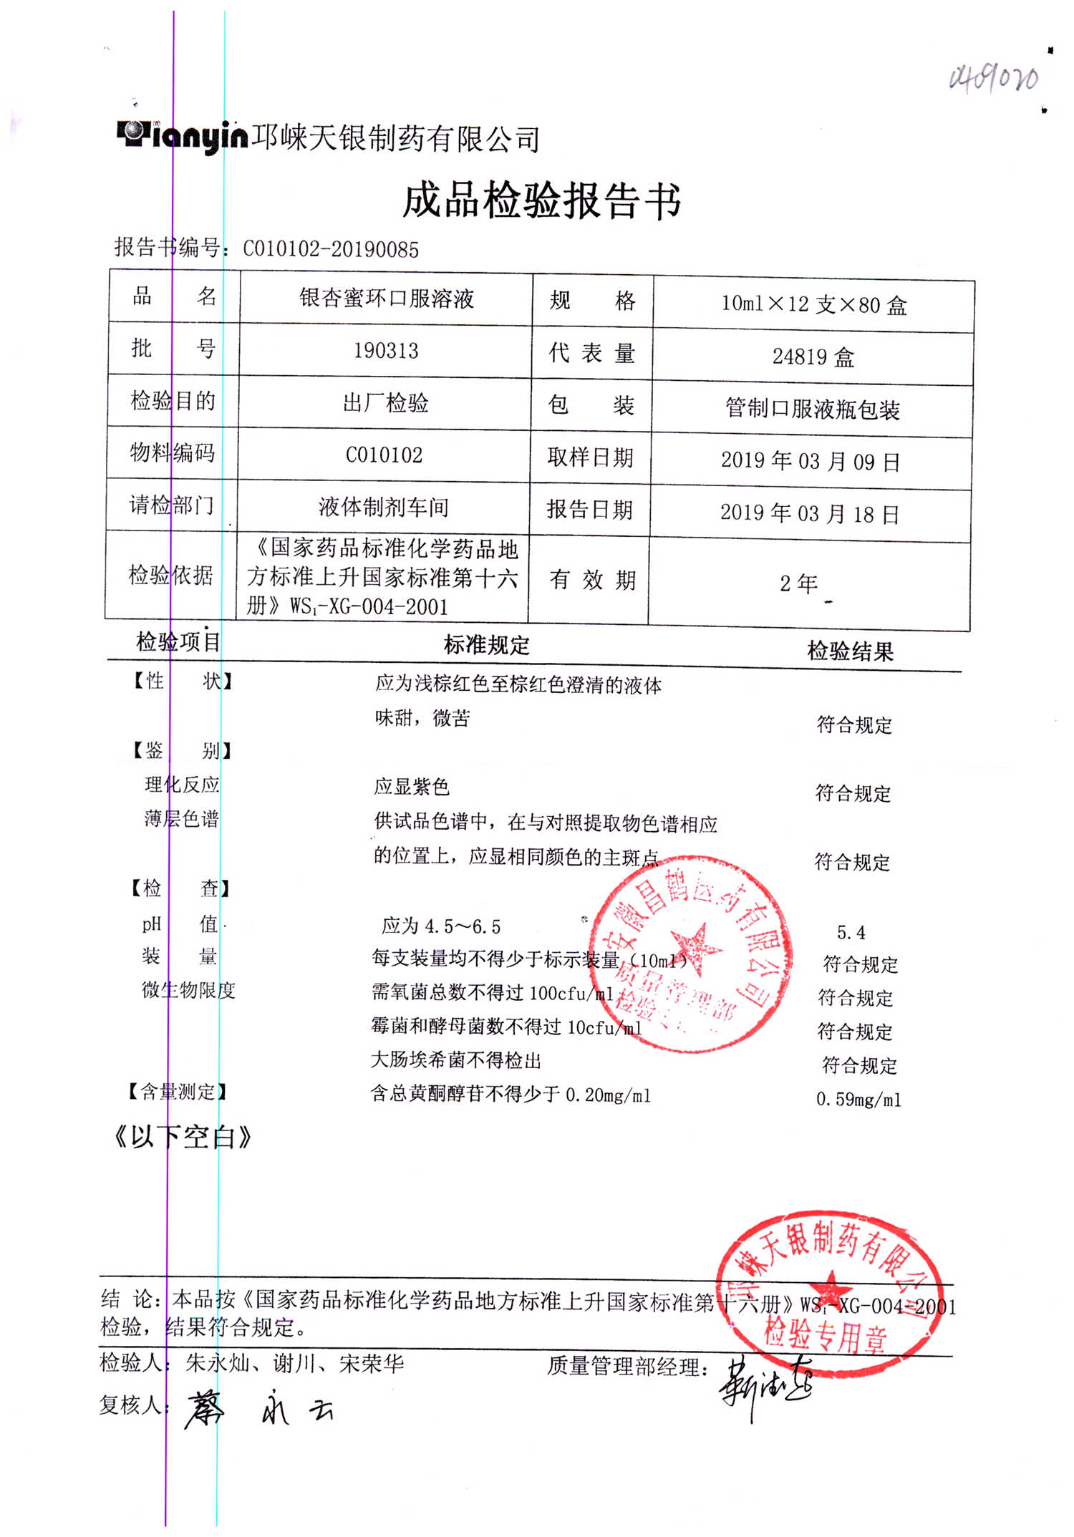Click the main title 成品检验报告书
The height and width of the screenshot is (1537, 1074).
click(x=541, y=200)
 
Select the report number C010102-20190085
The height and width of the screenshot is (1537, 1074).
click(x=331, y=249)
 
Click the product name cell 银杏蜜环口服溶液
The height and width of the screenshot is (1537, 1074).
click(x=387, y=299)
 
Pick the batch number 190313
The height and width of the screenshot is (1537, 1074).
click(x=386, y=351)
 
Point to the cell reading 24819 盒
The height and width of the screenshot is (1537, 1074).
click(x=813, y=357)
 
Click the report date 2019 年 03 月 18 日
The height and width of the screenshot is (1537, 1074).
click(x=810, y=513)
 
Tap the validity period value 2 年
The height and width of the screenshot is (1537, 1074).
click(x=799, y=583)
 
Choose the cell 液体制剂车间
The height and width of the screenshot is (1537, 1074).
click(x=384, y=508)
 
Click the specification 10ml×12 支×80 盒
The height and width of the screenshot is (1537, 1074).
click(x=814, y=305)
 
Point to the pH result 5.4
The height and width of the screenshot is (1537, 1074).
click(x=851, y=933)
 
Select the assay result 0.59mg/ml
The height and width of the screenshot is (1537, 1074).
click(x=858, y=1099)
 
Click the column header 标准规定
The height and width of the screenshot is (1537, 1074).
click(x=487, y=645)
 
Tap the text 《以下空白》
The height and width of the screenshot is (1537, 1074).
click(x=183, y=1136)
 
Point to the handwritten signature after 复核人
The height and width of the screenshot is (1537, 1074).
click(x=258, y=1409)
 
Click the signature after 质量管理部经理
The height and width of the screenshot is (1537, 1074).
click(x=766, y=1385)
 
